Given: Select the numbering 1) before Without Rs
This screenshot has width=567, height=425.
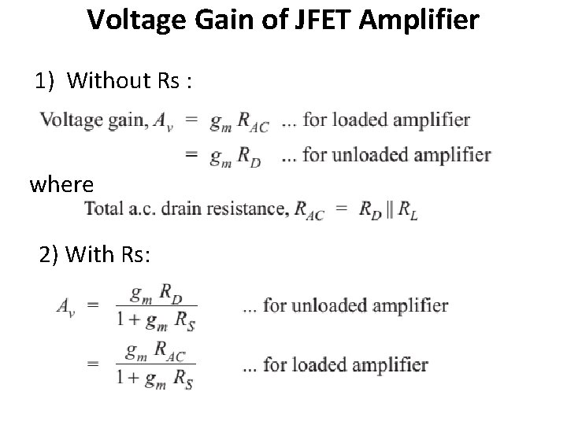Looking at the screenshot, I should pos(46,80).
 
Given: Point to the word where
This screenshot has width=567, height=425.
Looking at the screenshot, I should pos(61,185).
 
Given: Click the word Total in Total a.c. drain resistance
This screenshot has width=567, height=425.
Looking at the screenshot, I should pos(105,209).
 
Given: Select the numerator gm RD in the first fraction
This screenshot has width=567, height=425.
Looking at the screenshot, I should pos(155,294).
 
